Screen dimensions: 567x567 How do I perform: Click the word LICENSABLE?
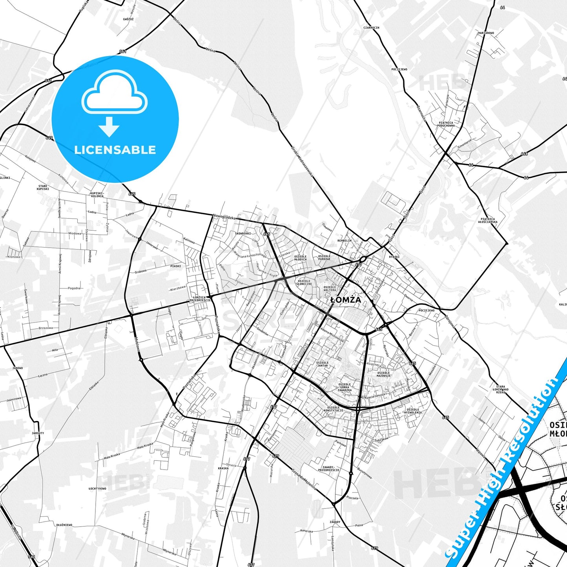115,149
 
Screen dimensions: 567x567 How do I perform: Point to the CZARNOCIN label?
371,28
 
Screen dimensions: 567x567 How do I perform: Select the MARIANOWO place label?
486,33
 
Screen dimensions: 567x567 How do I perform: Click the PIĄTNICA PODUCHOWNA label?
446,124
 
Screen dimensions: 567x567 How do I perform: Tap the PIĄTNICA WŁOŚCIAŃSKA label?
488,221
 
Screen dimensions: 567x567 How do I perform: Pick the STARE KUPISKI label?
43,188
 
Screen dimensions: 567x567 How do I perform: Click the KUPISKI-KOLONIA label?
97,195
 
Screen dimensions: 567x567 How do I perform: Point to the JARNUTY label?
38,433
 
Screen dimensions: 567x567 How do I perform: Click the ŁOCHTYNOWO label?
97,489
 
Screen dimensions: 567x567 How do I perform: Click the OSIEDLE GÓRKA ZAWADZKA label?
345,387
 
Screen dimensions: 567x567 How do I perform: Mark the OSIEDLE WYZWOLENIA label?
413,411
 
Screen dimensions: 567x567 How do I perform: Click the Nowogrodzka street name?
224,217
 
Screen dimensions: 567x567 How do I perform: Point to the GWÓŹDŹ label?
128,19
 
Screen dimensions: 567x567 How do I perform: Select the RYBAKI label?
394,257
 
